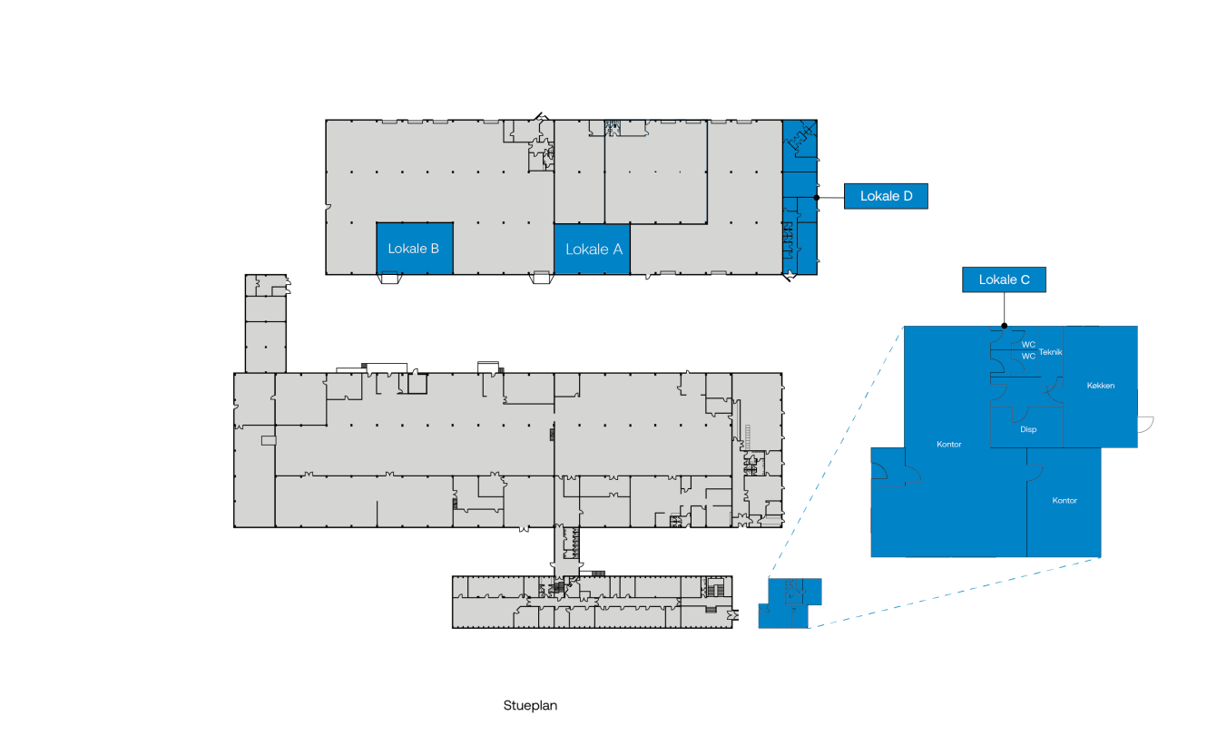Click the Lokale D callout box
coord(886,196)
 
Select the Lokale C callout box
coord(1004,279)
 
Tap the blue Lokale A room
coord(593,249)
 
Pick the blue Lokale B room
coord(415,249)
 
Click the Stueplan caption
coord(530,705)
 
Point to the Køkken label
coord(1100,386)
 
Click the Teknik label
coord(1050,352)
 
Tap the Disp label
coord(1028,429)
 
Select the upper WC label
coord(1028,345)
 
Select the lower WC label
coord(1028,357)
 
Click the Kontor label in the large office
coord(949,444)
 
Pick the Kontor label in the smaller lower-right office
coord(1065,501)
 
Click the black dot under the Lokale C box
coord(1004,326)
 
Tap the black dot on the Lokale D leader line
coord(817,198)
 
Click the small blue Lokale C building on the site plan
coord(789,603)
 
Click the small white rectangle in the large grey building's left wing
coord(269,441)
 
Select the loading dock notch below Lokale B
coord(389,279)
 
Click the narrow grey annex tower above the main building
coord(266,323)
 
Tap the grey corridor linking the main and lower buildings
coord(567,551)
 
